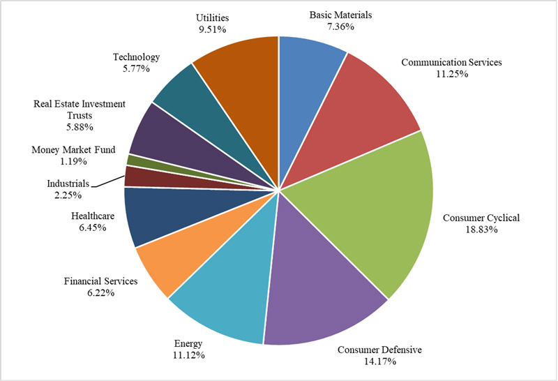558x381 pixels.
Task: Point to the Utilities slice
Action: [241, 77]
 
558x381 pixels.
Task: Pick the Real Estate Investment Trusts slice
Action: [153, 133]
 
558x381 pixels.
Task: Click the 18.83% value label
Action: [481, 230]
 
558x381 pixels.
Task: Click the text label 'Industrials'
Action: [67, 184]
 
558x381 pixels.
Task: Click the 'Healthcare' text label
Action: [92, 217]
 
